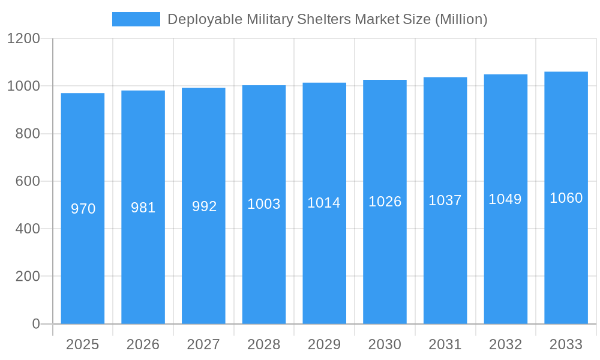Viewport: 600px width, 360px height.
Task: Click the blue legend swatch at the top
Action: (136, 19)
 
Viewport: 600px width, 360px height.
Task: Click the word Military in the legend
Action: (270, 19)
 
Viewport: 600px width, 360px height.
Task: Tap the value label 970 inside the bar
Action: (83, 209)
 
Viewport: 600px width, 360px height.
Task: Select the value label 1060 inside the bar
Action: (566, 198)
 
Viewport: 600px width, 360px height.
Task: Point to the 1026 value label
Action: (385, 202)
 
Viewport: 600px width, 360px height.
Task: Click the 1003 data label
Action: (264, 204)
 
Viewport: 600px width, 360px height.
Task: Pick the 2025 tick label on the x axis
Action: (83, 344)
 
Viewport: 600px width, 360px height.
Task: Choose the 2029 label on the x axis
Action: (324, 344)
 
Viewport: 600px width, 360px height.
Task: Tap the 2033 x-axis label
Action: (566, 344)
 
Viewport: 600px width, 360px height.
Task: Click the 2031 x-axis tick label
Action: (445, 344)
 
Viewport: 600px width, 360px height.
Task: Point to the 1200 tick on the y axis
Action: (23, 39)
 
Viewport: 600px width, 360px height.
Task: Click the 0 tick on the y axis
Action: (35, 324)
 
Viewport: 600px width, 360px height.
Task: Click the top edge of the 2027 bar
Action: (203, 88)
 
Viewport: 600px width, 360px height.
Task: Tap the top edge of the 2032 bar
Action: (506, 75)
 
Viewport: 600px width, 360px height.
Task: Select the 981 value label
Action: (143, 208)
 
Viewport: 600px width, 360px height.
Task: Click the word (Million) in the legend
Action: (461, 19)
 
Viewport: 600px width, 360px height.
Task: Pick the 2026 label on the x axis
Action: (143, 344)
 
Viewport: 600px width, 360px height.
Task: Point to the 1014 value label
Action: (324, 203)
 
